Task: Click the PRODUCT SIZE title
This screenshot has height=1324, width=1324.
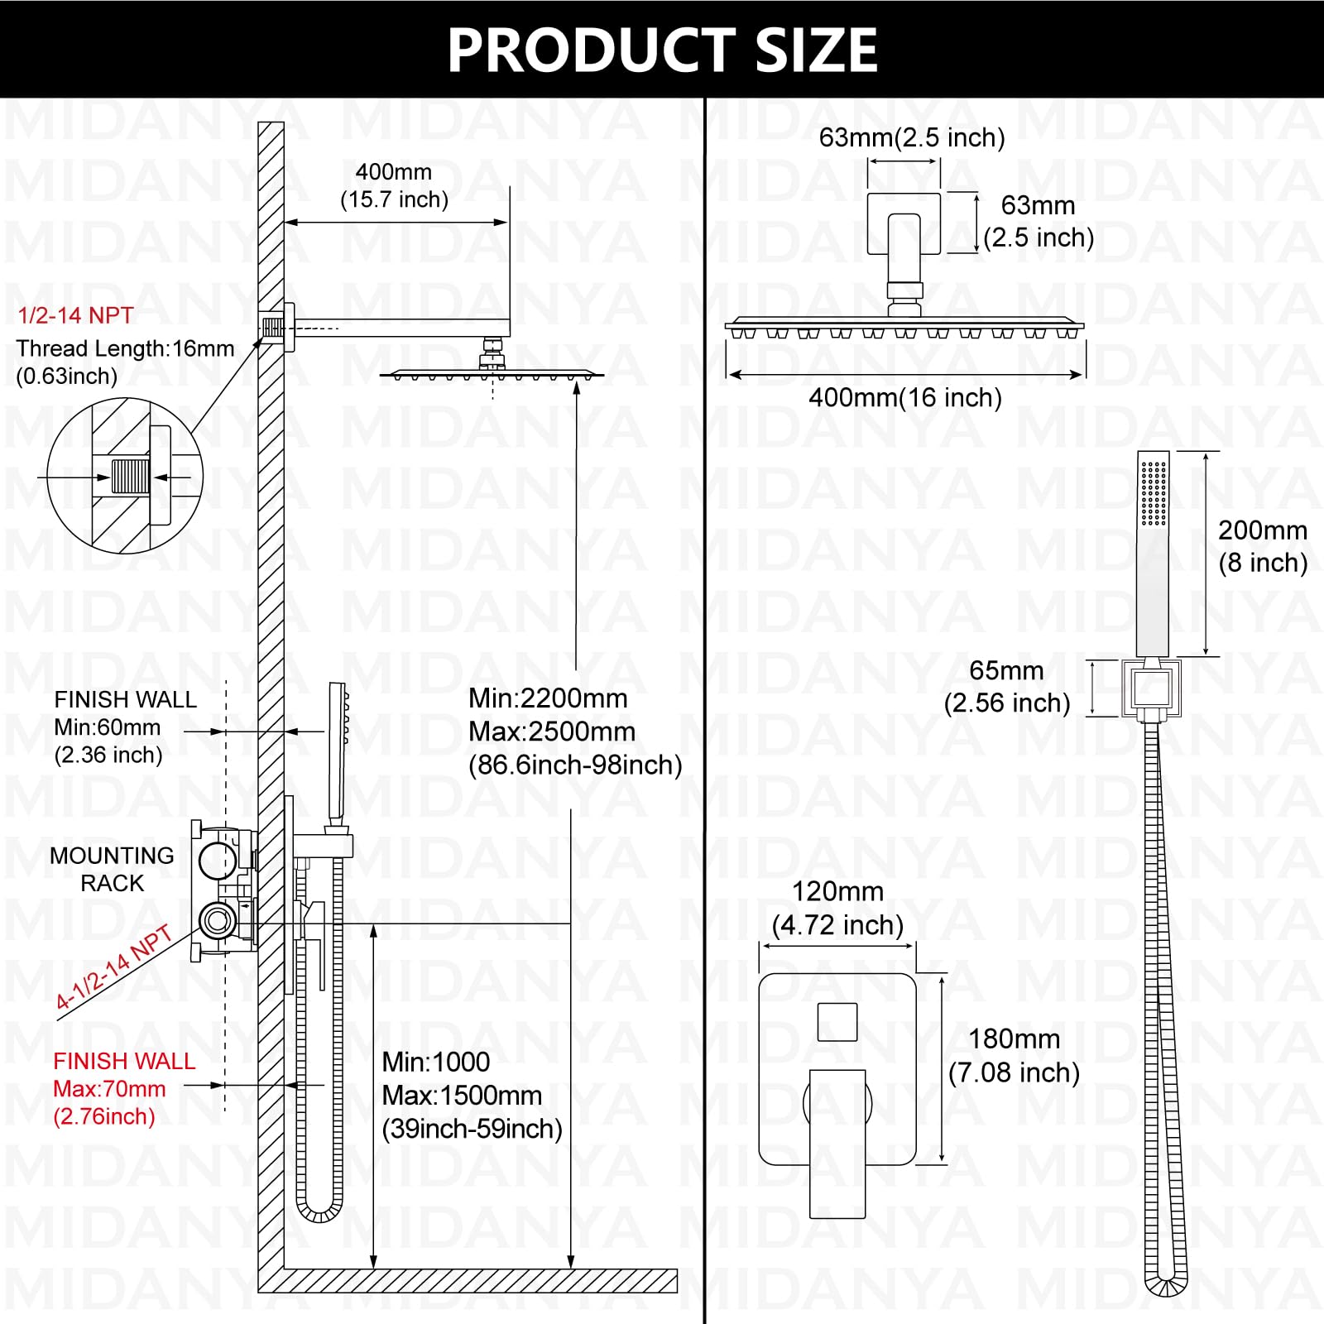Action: (x=662, y=50)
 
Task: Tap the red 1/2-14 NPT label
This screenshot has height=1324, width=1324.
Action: (x=76, y=315)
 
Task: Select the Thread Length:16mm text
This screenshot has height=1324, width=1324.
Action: (x=125, y=348)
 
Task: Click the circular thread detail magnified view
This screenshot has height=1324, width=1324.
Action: (x=125, y=476)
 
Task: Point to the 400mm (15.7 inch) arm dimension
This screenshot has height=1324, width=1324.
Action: (x=394, y=185)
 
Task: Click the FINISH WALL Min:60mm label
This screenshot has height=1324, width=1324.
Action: (x=125, y=727)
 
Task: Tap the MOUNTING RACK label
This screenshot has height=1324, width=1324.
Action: (x=113, y=869)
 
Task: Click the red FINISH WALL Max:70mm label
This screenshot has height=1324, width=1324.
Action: (x=124, y=1089)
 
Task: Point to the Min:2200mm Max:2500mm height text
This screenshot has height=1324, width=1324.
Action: (x=575, y=732)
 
